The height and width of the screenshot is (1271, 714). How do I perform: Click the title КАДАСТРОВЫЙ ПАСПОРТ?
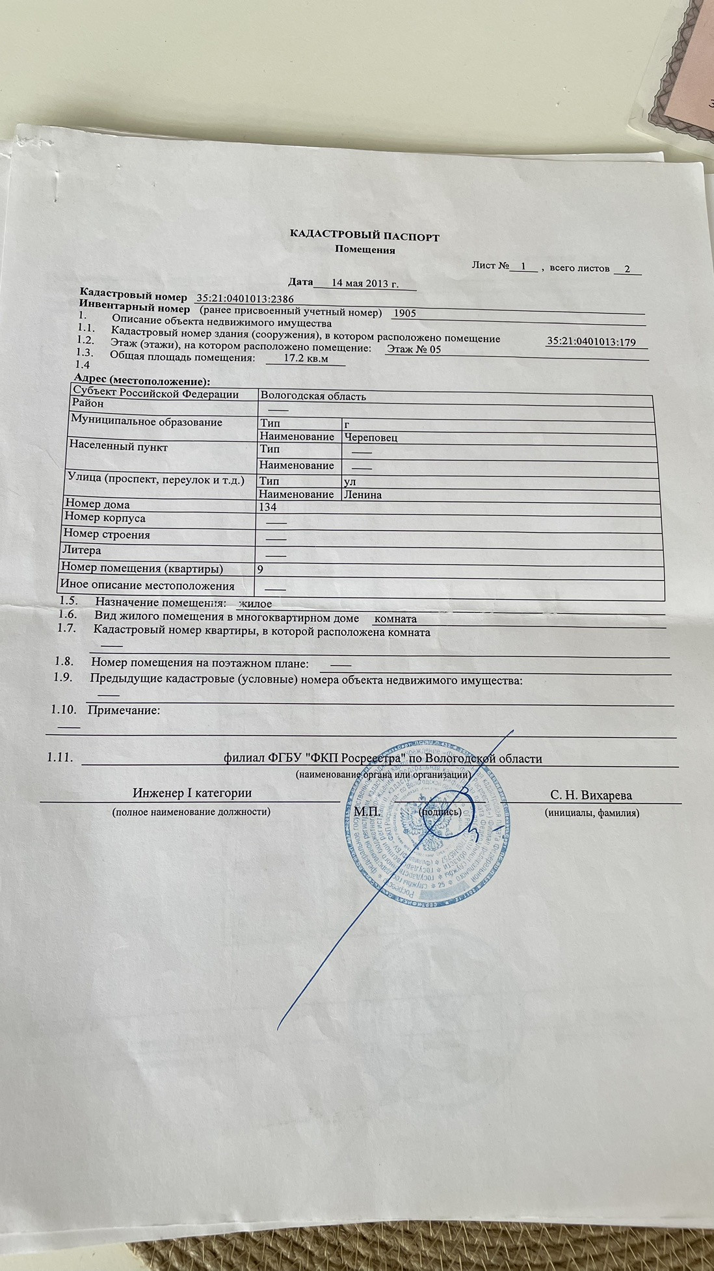pos(364,237)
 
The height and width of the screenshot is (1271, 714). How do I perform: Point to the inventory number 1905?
pos(404,313)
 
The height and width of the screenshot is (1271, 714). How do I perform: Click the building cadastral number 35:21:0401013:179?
pos(591,341)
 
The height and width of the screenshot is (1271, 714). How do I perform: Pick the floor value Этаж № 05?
pos(414,349)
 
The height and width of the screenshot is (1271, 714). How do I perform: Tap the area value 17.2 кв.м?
pos(306,358)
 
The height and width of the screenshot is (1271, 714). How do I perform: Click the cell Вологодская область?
pos(313,396)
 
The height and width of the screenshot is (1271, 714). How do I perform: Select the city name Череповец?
pos(371,437)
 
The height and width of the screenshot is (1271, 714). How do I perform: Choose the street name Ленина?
pos(363,495)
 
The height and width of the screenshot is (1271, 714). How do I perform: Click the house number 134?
pos(268,507)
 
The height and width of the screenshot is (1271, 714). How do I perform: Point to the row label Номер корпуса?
pos(104,518)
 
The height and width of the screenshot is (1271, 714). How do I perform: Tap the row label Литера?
pos(81,550)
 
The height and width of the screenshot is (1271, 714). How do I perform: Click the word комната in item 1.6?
pos(396,619)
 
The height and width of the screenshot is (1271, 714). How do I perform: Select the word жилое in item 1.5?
pos(256,604)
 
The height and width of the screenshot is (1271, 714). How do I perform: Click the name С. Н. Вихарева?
pos(590,795)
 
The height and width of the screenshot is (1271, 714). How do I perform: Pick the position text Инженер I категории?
pos(192,793)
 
